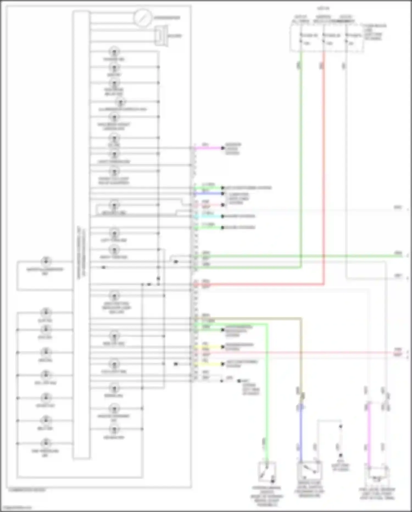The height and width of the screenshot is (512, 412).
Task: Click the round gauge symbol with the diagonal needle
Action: tap(143, 17)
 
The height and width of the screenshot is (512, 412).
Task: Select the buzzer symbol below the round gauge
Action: tap(161, 36)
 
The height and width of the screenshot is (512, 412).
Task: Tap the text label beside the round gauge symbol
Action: tap(167, 18)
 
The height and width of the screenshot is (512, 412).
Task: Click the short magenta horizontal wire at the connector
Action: tap(209, 148)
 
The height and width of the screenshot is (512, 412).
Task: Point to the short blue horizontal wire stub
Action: tap(209, 194)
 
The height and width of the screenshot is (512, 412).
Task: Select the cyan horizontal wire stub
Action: tap(209, 217)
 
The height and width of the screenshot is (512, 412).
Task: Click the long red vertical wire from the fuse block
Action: tap(324, 165)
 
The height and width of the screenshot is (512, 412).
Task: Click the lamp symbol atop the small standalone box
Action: tap(46, 261)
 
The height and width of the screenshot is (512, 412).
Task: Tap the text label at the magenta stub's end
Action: tap(233, 149)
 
